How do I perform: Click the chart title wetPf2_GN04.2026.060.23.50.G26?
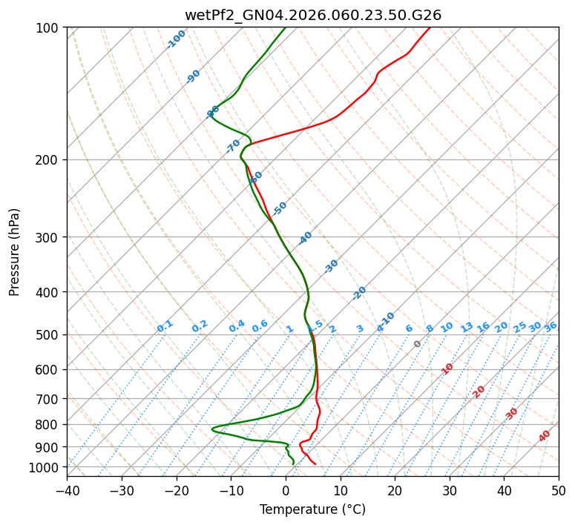312,15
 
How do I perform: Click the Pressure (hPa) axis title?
15,252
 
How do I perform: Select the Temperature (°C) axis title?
312,510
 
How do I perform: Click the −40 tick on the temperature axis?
67,490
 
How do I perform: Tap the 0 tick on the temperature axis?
286,490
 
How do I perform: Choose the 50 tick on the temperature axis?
559,490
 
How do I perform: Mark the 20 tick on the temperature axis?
395,490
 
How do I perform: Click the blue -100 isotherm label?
176,39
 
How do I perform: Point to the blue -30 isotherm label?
331,266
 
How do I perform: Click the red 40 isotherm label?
545,436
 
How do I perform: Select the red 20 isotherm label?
479,391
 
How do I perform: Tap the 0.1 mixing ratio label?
165,326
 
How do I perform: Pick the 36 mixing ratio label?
551,326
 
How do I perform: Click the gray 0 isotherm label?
418,344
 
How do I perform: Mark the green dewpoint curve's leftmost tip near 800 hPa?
212,429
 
